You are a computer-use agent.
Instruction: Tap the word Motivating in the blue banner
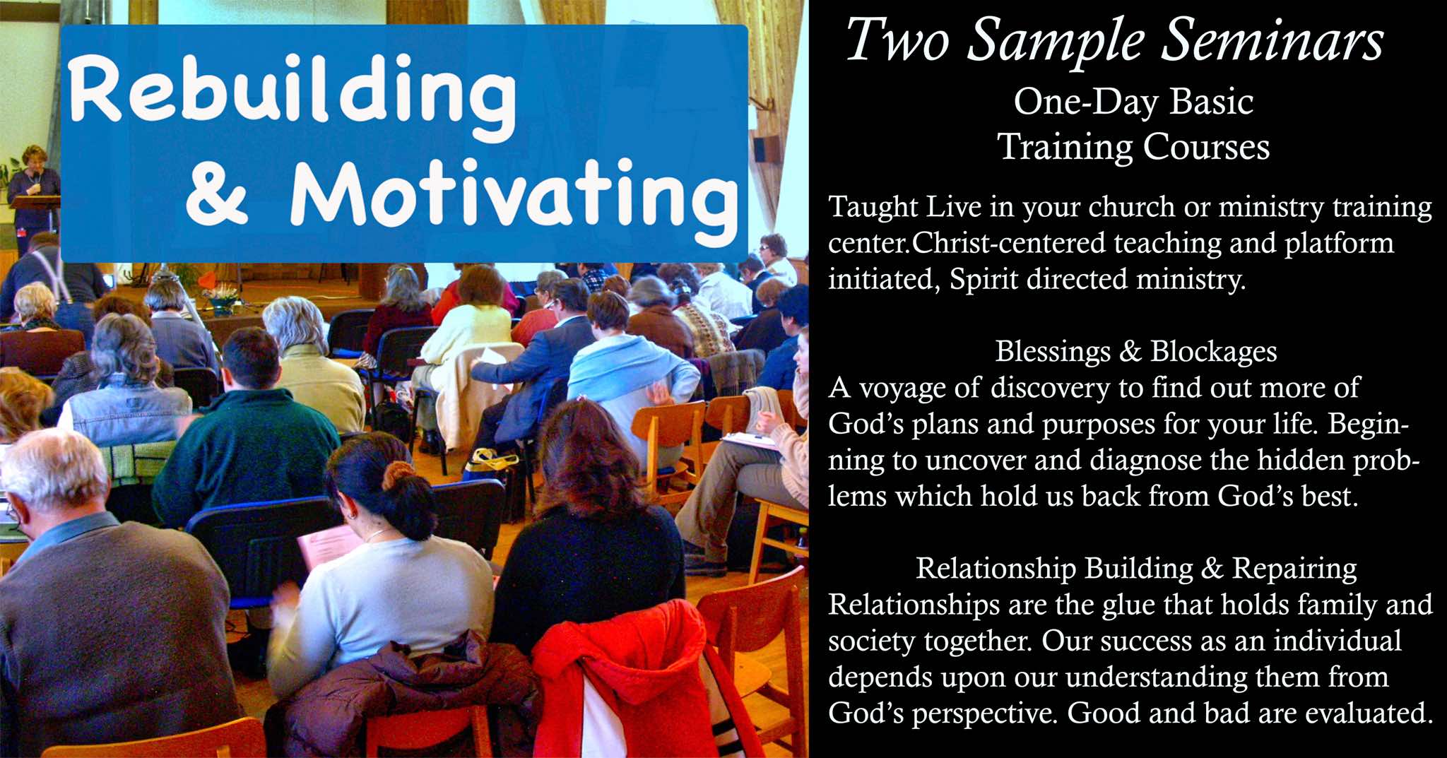coord(513,195)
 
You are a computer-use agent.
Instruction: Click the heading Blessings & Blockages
coord(1136,351)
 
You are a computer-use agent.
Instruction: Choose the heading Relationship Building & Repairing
coord(1136,568)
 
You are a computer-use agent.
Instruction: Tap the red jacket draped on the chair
coord(622,678)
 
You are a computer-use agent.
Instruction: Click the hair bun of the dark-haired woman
coord(399,475)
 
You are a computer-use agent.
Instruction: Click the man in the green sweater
coord(244,431)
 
